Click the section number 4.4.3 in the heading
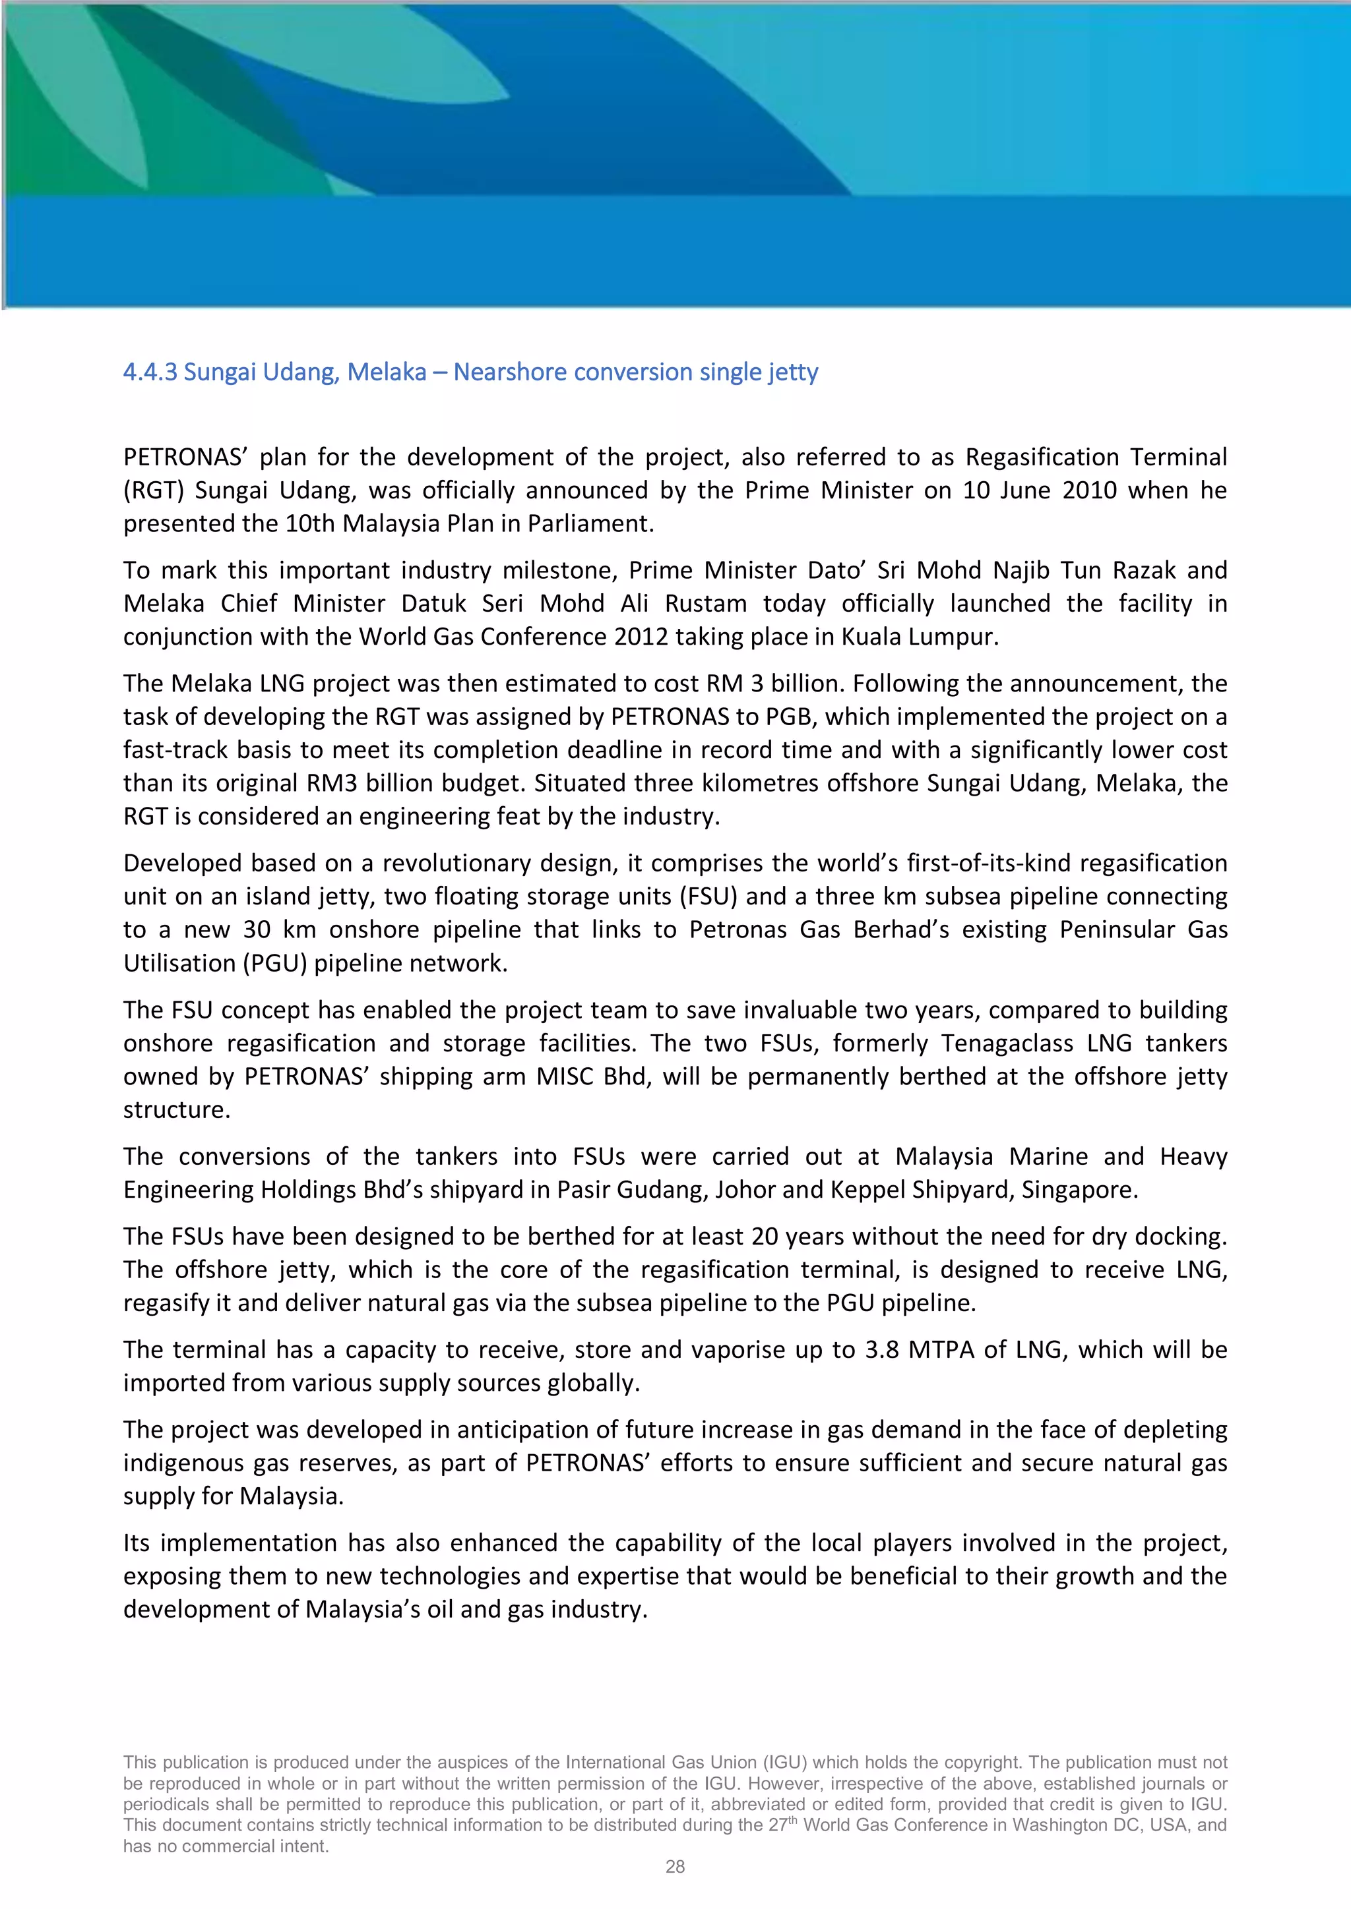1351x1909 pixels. pyautogui.click(x=150, y=372)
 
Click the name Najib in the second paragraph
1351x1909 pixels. pyautogui.click(x=1020, y=570)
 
